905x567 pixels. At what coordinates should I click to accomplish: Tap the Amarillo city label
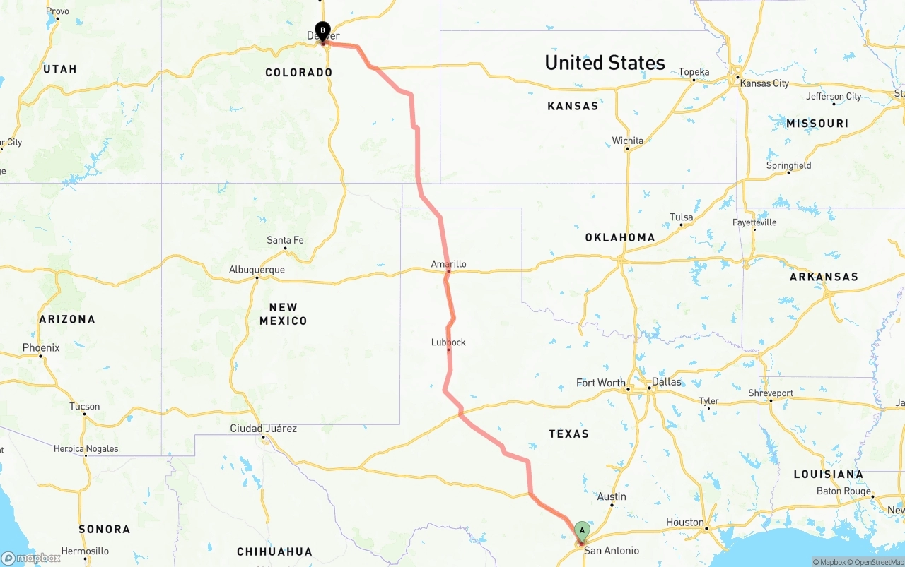pyautogui.click(x=449, y=264)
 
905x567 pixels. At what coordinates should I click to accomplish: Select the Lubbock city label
pyautogui.click(x=448, y=342)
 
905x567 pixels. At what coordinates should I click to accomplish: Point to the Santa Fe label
pyautogui.click(x=285, y=240)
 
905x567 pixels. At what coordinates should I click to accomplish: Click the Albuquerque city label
pyautogui.click(x=257, y=270)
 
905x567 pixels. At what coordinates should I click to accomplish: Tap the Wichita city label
pyautogui.click(x=628, y=141)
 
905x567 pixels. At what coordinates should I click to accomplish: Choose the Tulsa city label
pyautogui.click(x=682, y=217)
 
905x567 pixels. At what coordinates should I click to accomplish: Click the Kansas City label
pyautogui.click(x=764, y=83)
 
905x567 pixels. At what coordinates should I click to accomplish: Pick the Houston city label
pyautogui.click(x=685, y=523)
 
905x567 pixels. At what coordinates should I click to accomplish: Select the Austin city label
pyautogui.click(x=612, y=496)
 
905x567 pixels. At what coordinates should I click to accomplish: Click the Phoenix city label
pyautogui.click(x=41, y=348)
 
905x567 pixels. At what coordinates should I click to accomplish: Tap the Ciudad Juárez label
pyautogui.click(x=263, y=429)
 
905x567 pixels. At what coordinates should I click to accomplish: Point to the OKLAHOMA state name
pyautogui.click(x=620, y=237)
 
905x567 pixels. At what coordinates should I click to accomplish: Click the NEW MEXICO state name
pyautogui.click(x=283, y=314)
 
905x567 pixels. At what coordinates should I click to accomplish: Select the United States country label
pyautogui.click(x=605, y=63)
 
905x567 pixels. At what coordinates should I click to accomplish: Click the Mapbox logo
pyautogui.click(x=31, y=558)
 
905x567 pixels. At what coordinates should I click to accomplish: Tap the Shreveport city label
pyautogui.click(x=771, y=393)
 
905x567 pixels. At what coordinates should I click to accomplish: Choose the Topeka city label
pyautogui.click(x=694, y=72)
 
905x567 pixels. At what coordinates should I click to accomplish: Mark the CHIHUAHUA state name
pyautogui.click(x=274, y=551)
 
